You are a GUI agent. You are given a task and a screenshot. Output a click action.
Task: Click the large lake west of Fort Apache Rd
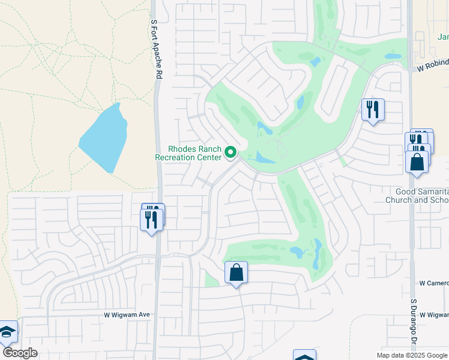pos(103,138)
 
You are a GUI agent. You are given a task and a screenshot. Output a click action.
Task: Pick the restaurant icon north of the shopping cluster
pos(373,110)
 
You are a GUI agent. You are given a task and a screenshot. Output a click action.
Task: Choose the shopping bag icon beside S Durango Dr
pos(417,162)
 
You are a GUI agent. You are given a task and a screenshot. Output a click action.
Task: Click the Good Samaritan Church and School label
pos(417,196)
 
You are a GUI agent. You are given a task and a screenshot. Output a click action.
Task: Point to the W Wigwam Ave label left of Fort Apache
pos(126,314)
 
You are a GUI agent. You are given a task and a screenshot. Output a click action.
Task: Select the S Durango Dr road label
pos(414,325)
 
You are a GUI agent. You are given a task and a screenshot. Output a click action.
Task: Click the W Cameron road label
pos(433,283)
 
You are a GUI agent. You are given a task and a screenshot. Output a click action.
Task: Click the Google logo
pos(20,353)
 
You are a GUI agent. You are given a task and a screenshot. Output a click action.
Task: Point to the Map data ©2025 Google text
pos(412,355)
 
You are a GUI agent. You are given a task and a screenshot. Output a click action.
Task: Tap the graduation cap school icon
pos(7,332)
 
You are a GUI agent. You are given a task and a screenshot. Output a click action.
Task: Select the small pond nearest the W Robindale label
pos(393,56)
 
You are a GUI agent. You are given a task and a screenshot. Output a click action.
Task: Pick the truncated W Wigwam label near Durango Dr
pos(434,314)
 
